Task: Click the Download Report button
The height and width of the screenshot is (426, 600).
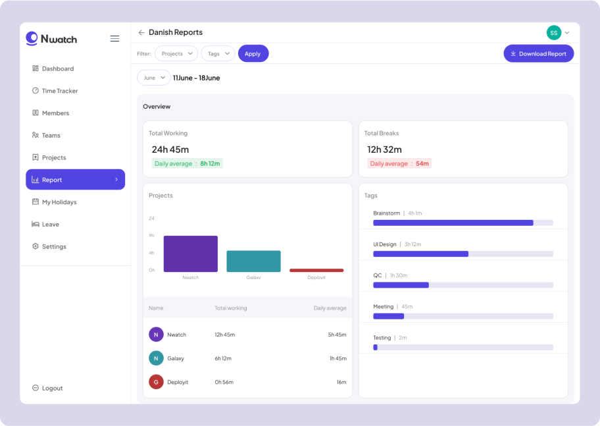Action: (538, 54)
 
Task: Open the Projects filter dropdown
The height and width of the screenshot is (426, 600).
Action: (176, 54)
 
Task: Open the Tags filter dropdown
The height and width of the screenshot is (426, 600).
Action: (218, 54)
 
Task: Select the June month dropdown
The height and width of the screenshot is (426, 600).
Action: (153, 78)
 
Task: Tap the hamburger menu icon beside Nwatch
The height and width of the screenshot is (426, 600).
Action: (114, 39)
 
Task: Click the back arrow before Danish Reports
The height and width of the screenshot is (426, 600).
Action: (141, 33)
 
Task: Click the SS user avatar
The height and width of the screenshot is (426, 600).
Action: (553, 32)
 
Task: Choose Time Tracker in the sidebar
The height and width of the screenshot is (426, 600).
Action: (60, 91)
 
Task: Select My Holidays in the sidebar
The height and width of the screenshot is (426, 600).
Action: (59, 202)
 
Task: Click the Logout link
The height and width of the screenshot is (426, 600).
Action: (52, 388)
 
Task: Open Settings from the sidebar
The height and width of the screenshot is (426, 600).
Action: (54, 247)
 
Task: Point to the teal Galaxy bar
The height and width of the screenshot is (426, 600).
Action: (253, 261)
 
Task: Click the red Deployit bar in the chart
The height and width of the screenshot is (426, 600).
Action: (316, 270)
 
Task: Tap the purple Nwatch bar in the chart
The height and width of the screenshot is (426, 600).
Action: (190, 254)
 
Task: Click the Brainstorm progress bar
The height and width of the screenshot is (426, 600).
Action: (463, 223)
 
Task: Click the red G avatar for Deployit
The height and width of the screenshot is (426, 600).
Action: (156, 382)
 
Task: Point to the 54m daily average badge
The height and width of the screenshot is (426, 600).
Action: (399, 163)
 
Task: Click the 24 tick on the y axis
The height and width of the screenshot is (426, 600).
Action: (151, 218)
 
